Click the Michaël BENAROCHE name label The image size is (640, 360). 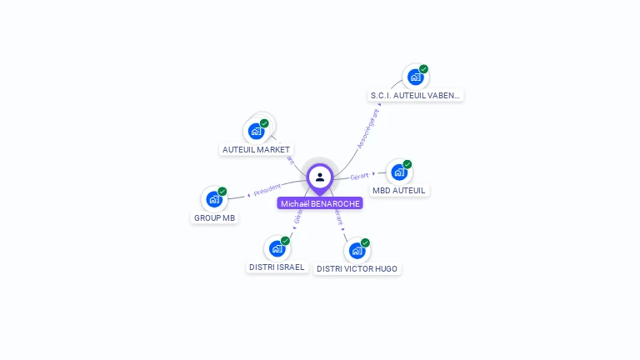coord(320,203)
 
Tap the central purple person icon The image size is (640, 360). coord(320,177)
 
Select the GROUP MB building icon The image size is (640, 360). coord(214,199)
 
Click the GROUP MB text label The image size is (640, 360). coord(214,218)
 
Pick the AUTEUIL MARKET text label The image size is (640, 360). coord(256,150)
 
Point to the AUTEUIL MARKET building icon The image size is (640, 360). coord(256,131)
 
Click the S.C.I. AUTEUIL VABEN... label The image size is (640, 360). coord(415,95)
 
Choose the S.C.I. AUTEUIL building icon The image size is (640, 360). coord(415,77)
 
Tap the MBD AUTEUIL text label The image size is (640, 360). coord(399,190)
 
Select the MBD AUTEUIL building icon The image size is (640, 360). coord(399,172)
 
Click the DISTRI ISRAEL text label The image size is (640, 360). coord(277,267)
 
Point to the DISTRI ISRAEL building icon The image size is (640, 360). coord(277,248)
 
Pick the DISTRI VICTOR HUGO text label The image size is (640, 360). coord(357,268)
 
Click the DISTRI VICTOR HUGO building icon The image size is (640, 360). coord(357,250)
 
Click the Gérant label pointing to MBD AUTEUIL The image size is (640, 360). coord(359,176)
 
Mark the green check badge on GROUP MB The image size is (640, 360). coord(222,192)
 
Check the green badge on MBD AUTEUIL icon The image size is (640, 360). coord(407,164)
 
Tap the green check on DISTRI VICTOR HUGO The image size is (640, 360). coord(365,242)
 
